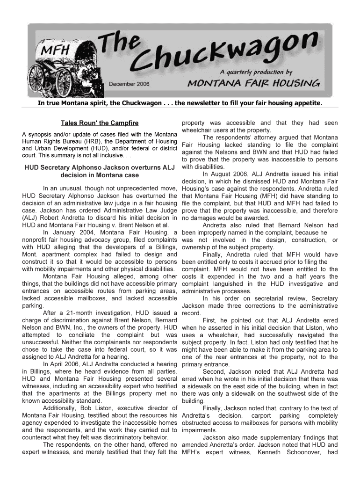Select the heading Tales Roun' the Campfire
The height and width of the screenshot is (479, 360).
pos(100,123)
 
